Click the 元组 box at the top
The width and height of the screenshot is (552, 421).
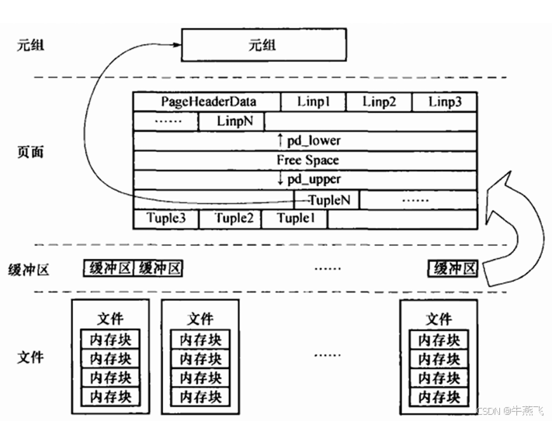(266, 45)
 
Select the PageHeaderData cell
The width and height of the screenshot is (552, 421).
(208, 102)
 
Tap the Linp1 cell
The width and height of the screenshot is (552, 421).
(313, 102)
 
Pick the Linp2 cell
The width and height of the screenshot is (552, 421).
(379, 102)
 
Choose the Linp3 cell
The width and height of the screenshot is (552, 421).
(444, 102)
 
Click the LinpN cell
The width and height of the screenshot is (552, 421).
(231, 122)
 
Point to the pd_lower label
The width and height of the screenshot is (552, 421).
(308, 141)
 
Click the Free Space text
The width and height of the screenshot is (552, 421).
(307, 160)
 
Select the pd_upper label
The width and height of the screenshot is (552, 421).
(308, 180)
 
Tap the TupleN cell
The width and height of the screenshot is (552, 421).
(326, 199)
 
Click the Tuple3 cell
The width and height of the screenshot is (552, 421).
(166, 219)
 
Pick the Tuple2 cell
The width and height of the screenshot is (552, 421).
(231, 219)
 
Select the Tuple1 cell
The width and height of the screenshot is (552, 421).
(294, 219)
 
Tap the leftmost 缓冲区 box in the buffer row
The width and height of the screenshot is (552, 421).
(109, 269)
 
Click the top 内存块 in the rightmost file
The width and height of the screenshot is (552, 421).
(439, 340)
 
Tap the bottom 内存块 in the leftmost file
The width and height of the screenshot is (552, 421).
(110, 396)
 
